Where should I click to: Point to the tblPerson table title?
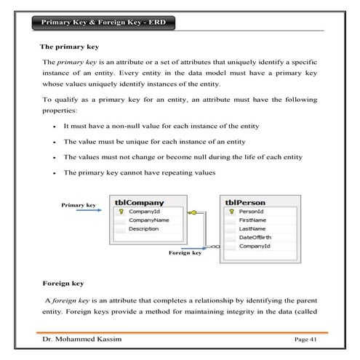coord(245,202)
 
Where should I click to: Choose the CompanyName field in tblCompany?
coord(148,220)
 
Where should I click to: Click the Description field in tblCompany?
coord(143,228)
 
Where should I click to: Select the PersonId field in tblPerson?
coord(252,211)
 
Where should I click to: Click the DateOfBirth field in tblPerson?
coord(255,238)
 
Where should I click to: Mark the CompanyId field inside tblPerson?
coord(255,247)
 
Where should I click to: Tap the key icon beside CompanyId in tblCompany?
coord(121,211)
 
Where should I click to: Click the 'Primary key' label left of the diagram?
coord(79,205)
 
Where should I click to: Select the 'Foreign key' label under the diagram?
coord(185,252)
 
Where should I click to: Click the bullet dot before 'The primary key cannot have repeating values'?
coord(55,174)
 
